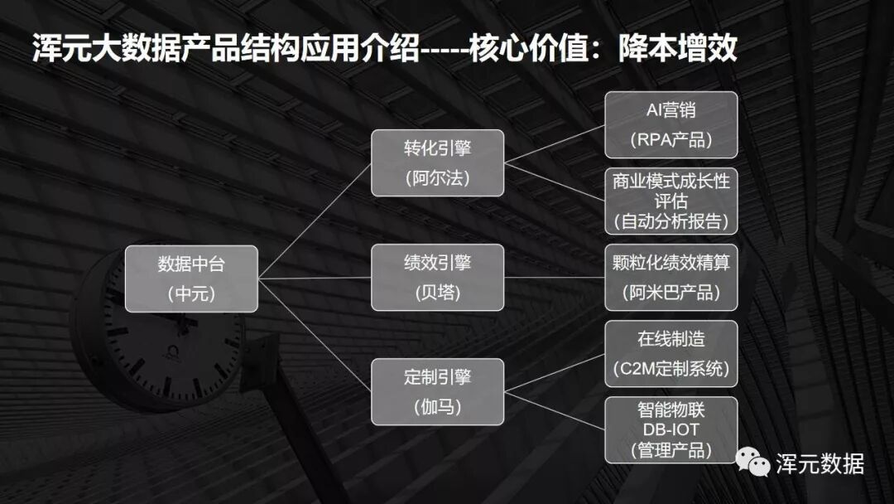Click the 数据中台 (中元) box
point(191,279)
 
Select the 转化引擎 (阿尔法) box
point(437,162)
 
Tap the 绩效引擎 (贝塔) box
point(437,277)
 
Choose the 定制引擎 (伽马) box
point(437,391)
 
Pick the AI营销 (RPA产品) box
point(670,125)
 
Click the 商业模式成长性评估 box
point(670,201)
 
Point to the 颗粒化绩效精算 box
point(670,277)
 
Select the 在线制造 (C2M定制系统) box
point(670,353)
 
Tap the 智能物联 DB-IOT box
point(670,429)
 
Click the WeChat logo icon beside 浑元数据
point(753,463)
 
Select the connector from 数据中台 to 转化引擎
point(315,220)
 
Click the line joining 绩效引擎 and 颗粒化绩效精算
point(554,277)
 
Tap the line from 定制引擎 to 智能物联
point(554,409)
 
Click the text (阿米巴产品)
point(670,293)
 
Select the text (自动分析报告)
point(670,221)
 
